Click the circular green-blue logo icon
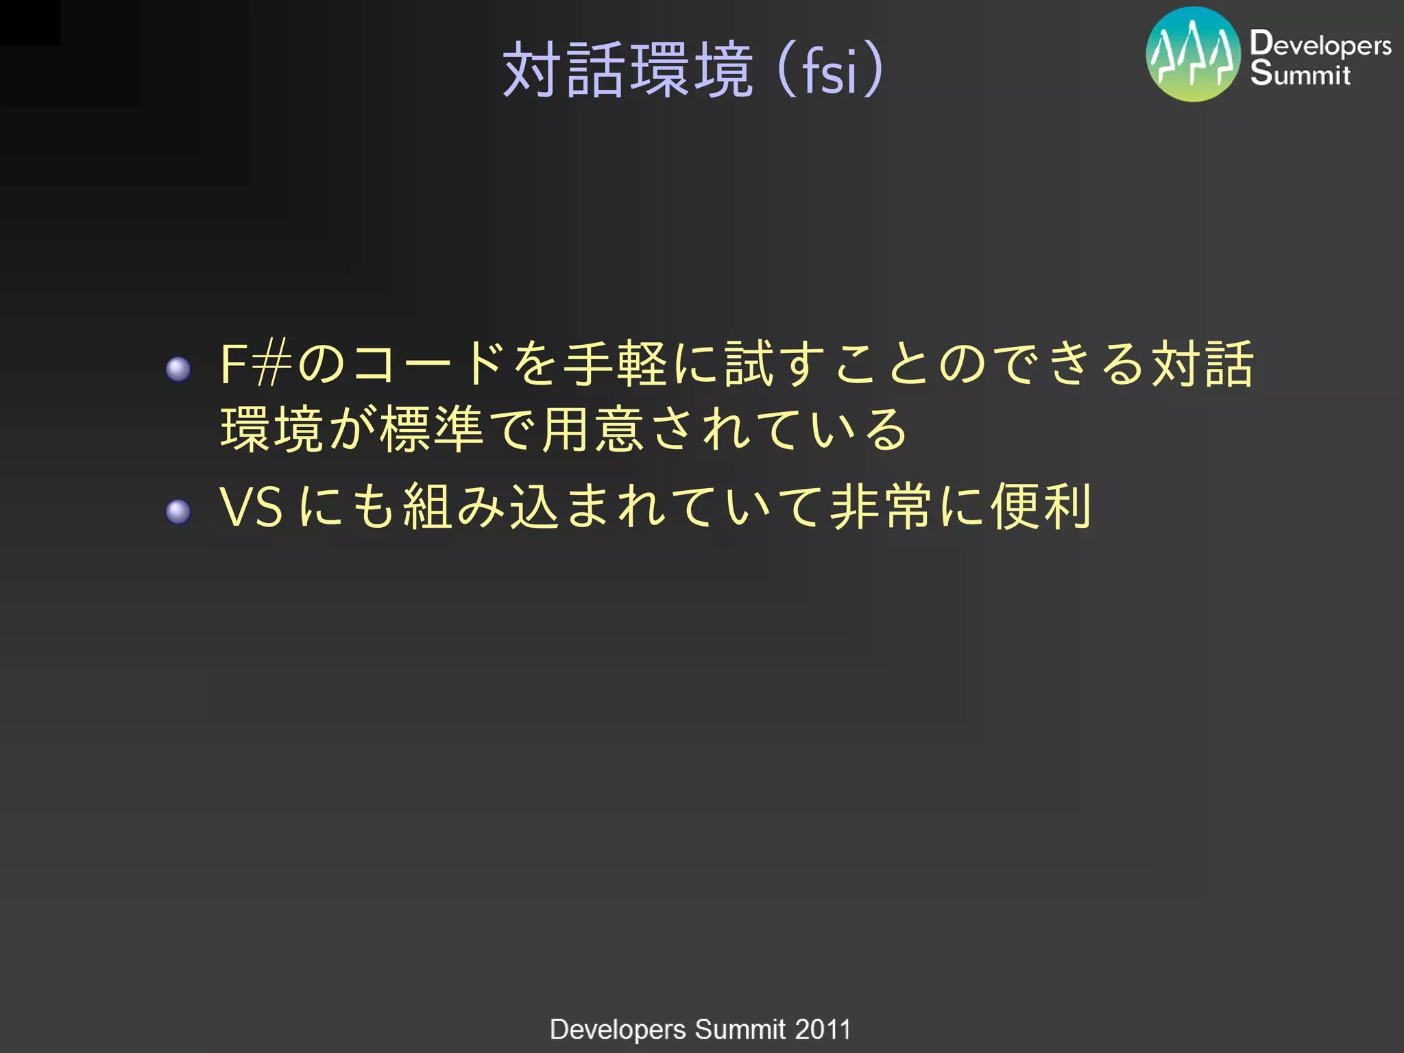click(1193, 54)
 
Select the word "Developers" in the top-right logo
click(1320, 45)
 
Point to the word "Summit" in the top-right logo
click(1300, 74)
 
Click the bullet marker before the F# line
click(178, 369)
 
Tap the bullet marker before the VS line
click(178, 511)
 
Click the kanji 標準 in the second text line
click(433, 430)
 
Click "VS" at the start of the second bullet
click(251, 507)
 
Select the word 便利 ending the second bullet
click(1042, 507)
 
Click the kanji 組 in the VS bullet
click(428, 507)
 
